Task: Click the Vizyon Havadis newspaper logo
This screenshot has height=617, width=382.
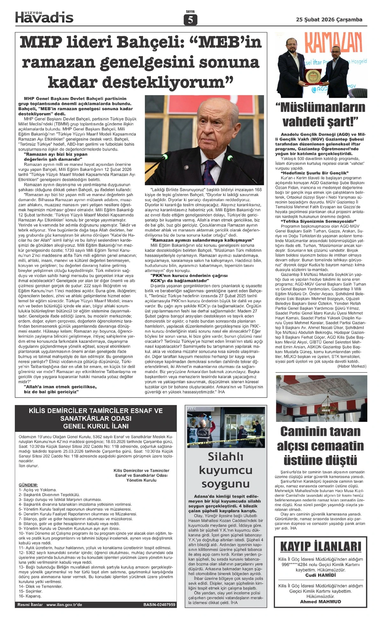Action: [44, 17]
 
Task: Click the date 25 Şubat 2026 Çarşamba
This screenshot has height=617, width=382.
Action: [329, 19]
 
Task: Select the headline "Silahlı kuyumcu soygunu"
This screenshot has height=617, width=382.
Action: [225, 470]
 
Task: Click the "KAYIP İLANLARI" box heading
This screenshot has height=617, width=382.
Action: [321, 547]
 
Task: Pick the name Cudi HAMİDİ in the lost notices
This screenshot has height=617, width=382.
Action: [321, 575]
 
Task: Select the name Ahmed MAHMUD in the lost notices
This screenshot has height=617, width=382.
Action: [321, 602]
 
